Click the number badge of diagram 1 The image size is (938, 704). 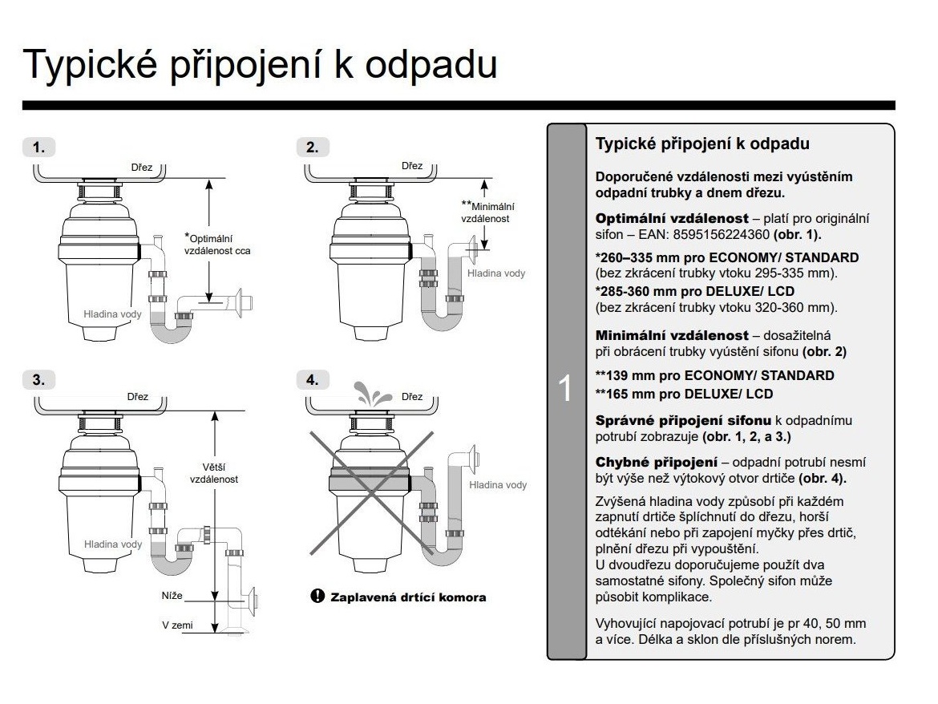(38, 148)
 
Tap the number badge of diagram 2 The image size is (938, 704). (312, 148)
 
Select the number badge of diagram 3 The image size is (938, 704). (38, 379)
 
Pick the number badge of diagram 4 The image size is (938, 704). (312, 379)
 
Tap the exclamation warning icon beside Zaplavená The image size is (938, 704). (317, 597)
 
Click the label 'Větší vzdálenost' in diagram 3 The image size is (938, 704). (213, 472)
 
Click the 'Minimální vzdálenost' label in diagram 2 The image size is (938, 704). (487, 212)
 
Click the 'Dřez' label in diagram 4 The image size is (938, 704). (411, 397)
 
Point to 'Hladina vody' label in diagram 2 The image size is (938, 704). (496, 273)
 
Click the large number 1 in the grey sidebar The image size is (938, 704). (565, 389)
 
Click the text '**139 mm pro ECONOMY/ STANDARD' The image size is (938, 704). (714, 375)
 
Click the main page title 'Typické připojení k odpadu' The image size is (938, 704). (261, 63)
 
